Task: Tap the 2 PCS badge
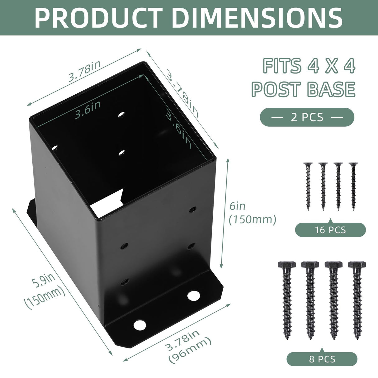(x=307, y=117)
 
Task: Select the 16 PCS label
(x=330, y=230)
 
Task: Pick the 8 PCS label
(x=322, y=359)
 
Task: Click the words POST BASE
(x=304, y=89)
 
